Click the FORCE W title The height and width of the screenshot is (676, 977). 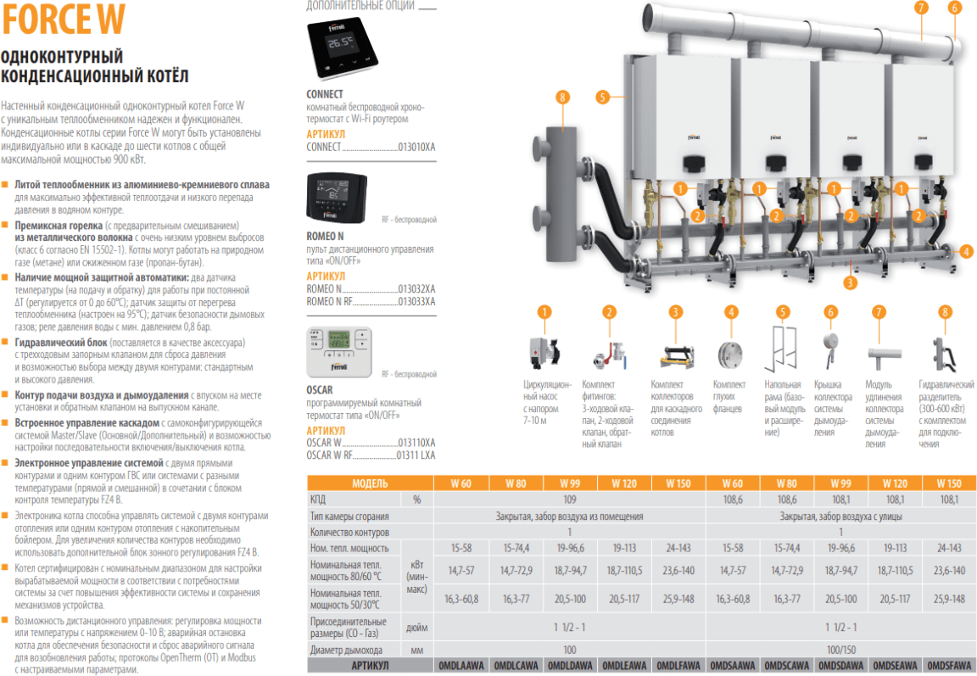[x=64, y=19]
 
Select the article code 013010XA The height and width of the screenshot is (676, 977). [x=416, y=147]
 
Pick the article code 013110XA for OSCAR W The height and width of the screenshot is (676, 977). [x=416, y=443]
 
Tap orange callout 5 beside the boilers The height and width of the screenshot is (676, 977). [x=602, y=97]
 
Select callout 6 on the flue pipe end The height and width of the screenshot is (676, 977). [x=954, y=8]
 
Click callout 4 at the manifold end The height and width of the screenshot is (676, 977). [x=967, y=251]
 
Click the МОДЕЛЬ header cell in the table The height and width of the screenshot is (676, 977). [x=369, y=483]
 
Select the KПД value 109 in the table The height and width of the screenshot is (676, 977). [x=570, y=500]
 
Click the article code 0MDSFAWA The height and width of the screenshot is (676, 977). [x=949, y=667]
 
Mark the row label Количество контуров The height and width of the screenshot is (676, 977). [x=349, y=532]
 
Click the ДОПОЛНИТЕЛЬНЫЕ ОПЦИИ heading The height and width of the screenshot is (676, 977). [x=360, y=6]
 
